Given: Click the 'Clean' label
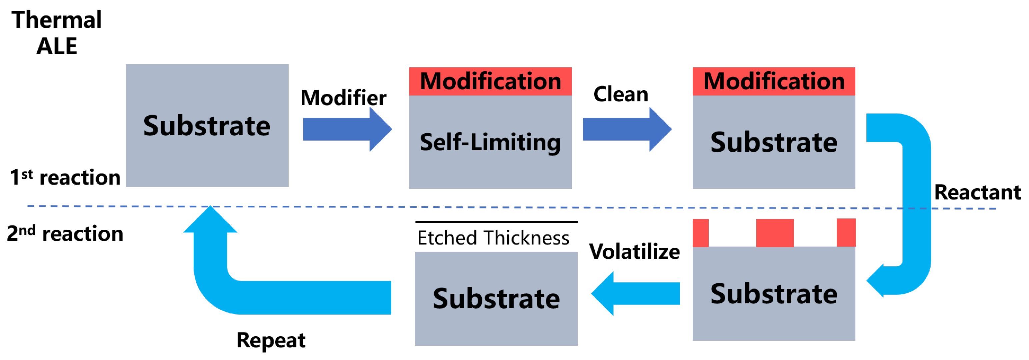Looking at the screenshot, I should click(x=620, y=94).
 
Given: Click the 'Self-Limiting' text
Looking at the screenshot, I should click(x=490, y=142).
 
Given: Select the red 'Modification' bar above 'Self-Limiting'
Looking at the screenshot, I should click(x=490, y=82).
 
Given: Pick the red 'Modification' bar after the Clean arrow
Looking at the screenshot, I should click(x=774, y=82).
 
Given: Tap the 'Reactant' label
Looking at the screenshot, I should click(x=977, y=193).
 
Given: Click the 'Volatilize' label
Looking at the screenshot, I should click(x=634, y=252).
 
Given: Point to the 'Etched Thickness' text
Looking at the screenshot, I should click(x=493, y=238).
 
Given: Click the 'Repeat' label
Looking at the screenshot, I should click(x=271, y=340).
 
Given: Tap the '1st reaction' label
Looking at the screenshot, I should click(x=65, y=177).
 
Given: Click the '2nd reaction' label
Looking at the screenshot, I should click(x=65, y=233).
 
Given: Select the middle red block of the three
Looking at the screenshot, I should click(x=775, y=233).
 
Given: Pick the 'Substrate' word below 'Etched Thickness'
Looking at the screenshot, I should click(x=496, y=299).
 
